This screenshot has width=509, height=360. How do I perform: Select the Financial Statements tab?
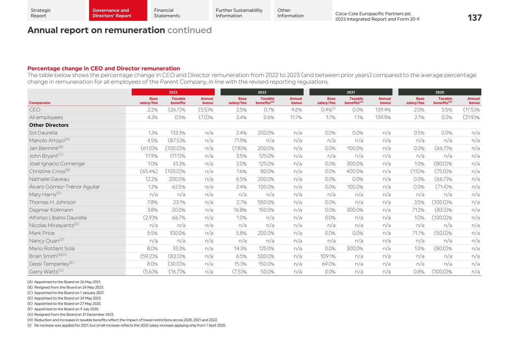pyautogui.click(x=167, y=13)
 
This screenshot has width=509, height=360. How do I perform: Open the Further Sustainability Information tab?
pyautogui.click(x=239, y=13)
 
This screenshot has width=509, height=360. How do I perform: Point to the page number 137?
pyautogui.click(x=474, y=18)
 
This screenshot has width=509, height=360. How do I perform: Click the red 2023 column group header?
pyautogui.click(x=173, y=92)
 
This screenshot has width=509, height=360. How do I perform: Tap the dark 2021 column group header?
pyautogui.click(x=351, y=92)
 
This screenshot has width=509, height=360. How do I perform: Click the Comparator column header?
pyautogui.click(x=40, y=103)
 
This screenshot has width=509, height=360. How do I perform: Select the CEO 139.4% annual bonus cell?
pyautogui.click(x=383, y=110)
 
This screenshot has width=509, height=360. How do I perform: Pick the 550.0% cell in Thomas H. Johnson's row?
pyautogui.click(x=266, y=202)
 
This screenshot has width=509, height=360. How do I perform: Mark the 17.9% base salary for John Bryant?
pyautogui.click(x=151, y=156)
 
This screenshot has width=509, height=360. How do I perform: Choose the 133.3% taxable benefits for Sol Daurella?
pyautogui.click(x=178, y=133)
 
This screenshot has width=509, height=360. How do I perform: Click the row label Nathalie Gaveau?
pyautogui.click(x=49, y=179)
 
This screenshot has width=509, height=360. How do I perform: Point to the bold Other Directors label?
pyautogui.click(x=49, y=125)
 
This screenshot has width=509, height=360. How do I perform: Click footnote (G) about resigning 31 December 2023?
pyautogui.click(x=70, y=314)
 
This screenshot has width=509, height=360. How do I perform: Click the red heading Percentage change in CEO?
pyautogui.click(x=104, y=68)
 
